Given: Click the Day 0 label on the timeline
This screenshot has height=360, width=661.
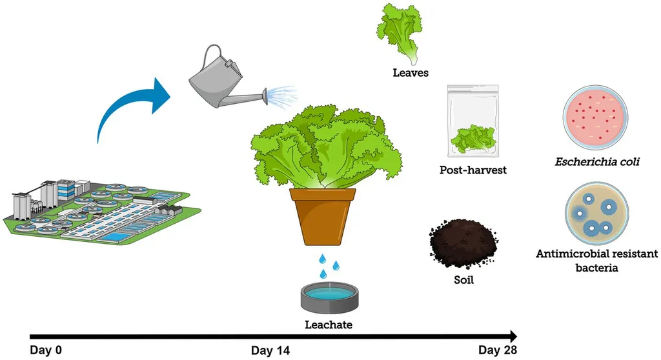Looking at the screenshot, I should tap(46, 350).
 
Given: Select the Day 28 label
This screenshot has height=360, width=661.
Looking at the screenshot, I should tap(498, 350).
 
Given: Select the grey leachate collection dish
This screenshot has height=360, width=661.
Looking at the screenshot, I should tap(329, 295).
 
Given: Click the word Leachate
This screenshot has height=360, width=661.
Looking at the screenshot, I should tap(329, 325).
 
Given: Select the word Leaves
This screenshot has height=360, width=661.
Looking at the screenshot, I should tap(410, 73).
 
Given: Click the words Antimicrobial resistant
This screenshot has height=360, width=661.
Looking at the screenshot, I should tap(597, 254).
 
